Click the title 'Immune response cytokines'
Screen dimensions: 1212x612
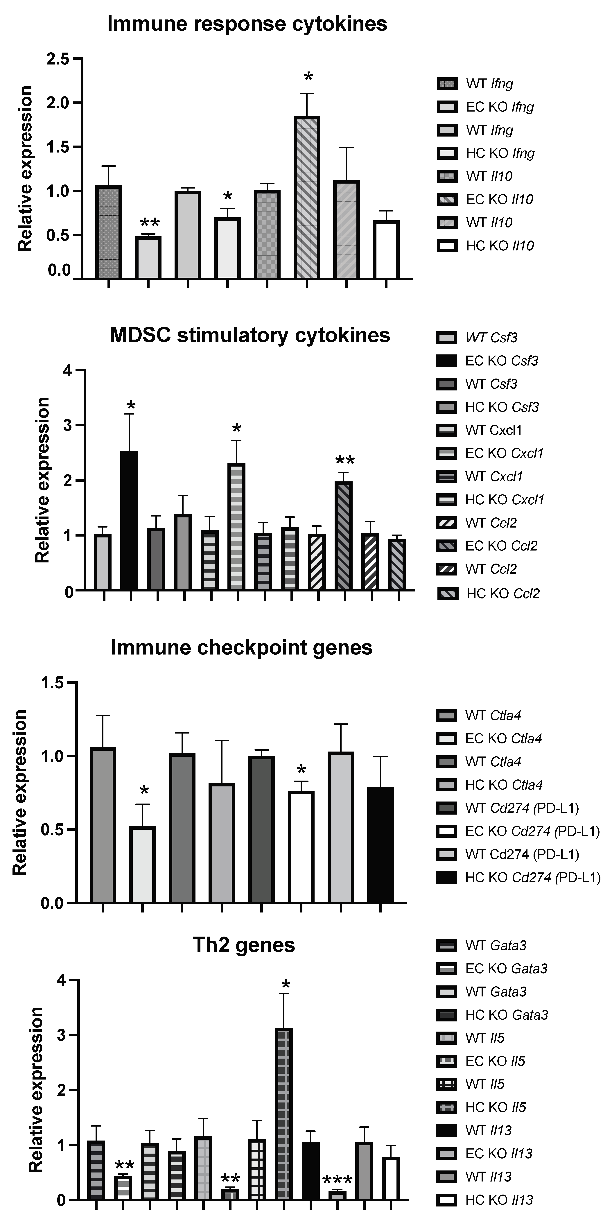click(247, 24)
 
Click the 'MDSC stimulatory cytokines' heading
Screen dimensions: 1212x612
click(250, 336)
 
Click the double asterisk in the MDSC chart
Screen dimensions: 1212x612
click(345, 461)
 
